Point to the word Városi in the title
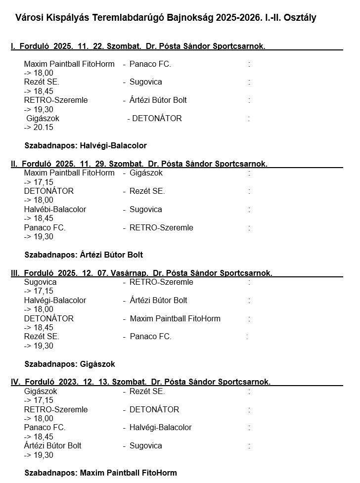29,18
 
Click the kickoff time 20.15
43,128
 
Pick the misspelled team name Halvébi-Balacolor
55,210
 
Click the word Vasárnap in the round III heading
130,273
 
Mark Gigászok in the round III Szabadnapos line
97,364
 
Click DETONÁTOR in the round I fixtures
157,119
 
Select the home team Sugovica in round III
40,282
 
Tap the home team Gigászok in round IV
41,392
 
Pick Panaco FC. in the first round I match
150,64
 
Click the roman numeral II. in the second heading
14,164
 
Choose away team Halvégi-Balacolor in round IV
160,428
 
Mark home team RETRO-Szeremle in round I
56,100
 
